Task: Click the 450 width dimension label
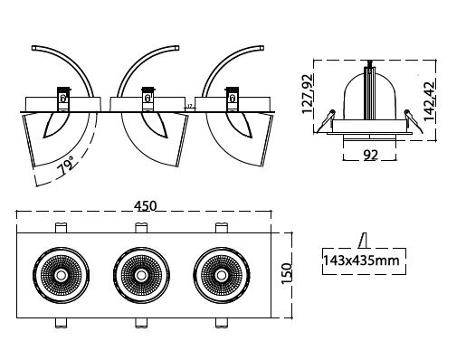pos(146,206)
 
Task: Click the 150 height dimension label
pos(287,273)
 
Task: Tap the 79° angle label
pos(67,166)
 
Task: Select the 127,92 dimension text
pos(308,93)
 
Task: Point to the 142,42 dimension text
pos(430,100)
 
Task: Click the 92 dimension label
pos(370,155)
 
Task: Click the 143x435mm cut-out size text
pos(361,261)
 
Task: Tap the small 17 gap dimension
pos(190,106)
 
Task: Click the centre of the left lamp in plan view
pos(62,275)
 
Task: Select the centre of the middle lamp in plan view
pos(141,275)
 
